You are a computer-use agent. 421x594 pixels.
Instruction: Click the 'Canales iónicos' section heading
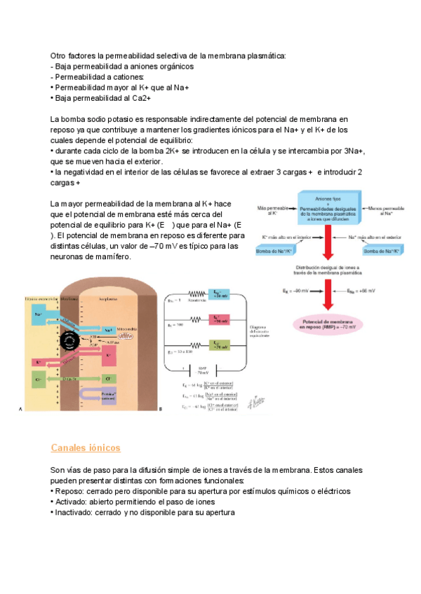(x=86, y=447)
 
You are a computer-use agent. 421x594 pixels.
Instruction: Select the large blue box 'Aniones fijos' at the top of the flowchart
(x=330, y=208)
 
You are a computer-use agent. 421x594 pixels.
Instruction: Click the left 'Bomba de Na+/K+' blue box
(x=275, y=251)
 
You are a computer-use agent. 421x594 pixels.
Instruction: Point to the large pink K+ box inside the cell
(x=109, y=357)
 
